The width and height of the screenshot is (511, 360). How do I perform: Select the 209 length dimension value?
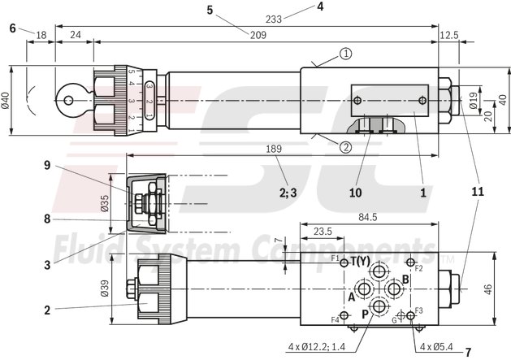point(258,34)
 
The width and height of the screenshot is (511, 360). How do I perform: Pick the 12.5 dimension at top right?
point(449,34)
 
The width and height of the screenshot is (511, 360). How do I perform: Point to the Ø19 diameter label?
point(474,102)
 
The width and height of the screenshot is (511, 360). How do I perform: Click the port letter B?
point(405,279)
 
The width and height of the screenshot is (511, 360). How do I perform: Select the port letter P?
point(366,312)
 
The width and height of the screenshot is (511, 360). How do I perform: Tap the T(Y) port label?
point(361,261)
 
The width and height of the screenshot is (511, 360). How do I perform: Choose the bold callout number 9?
point(48,165)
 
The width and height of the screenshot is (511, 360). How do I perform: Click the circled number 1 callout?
point(346,54)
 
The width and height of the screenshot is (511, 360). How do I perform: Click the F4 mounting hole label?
point(335,319)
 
